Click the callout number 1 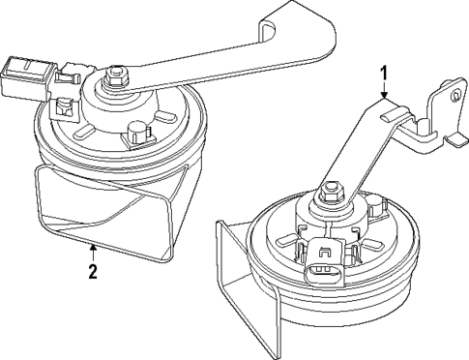(384, 75)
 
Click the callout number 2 (93, 272)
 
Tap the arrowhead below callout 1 (384, 95)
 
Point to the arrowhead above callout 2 (93, 248)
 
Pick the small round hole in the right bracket (455, 95)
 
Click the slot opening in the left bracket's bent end (269, 32)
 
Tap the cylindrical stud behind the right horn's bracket (375, 205)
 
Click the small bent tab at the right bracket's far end (457, 140)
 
